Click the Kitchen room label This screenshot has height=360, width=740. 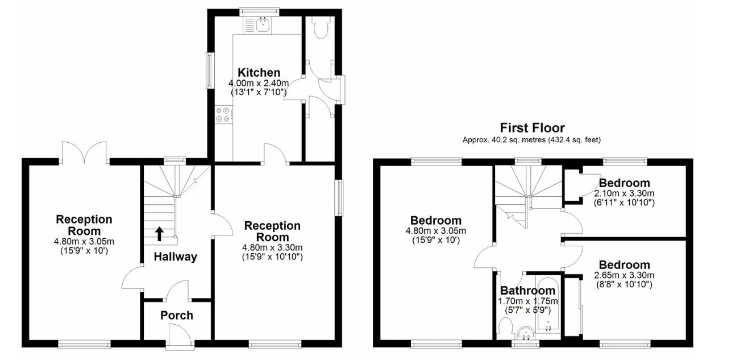(x=259, y=72)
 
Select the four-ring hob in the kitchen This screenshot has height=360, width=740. (x=223, y=114)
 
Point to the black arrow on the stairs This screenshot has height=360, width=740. (x=160, y=233)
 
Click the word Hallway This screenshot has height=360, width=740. (x=176, y=257)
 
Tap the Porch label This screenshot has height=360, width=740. (x=177, y=316)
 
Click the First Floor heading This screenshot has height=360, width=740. (x=532, y=127)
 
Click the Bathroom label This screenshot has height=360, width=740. (x=527, y=291)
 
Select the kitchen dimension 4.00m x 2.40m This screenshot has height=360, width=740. (x=259, y=83)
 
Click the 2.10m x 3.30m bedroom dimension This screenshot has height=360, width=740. (x=624, y=193)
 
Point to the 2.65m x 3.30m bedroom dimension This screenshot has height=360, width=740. (x=624, y=275)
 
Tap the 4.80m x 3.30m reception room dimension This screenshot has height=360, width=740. (x=273, y=247)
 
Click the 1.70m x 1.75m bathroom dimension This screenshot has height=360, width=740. (x=527, y=301)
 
